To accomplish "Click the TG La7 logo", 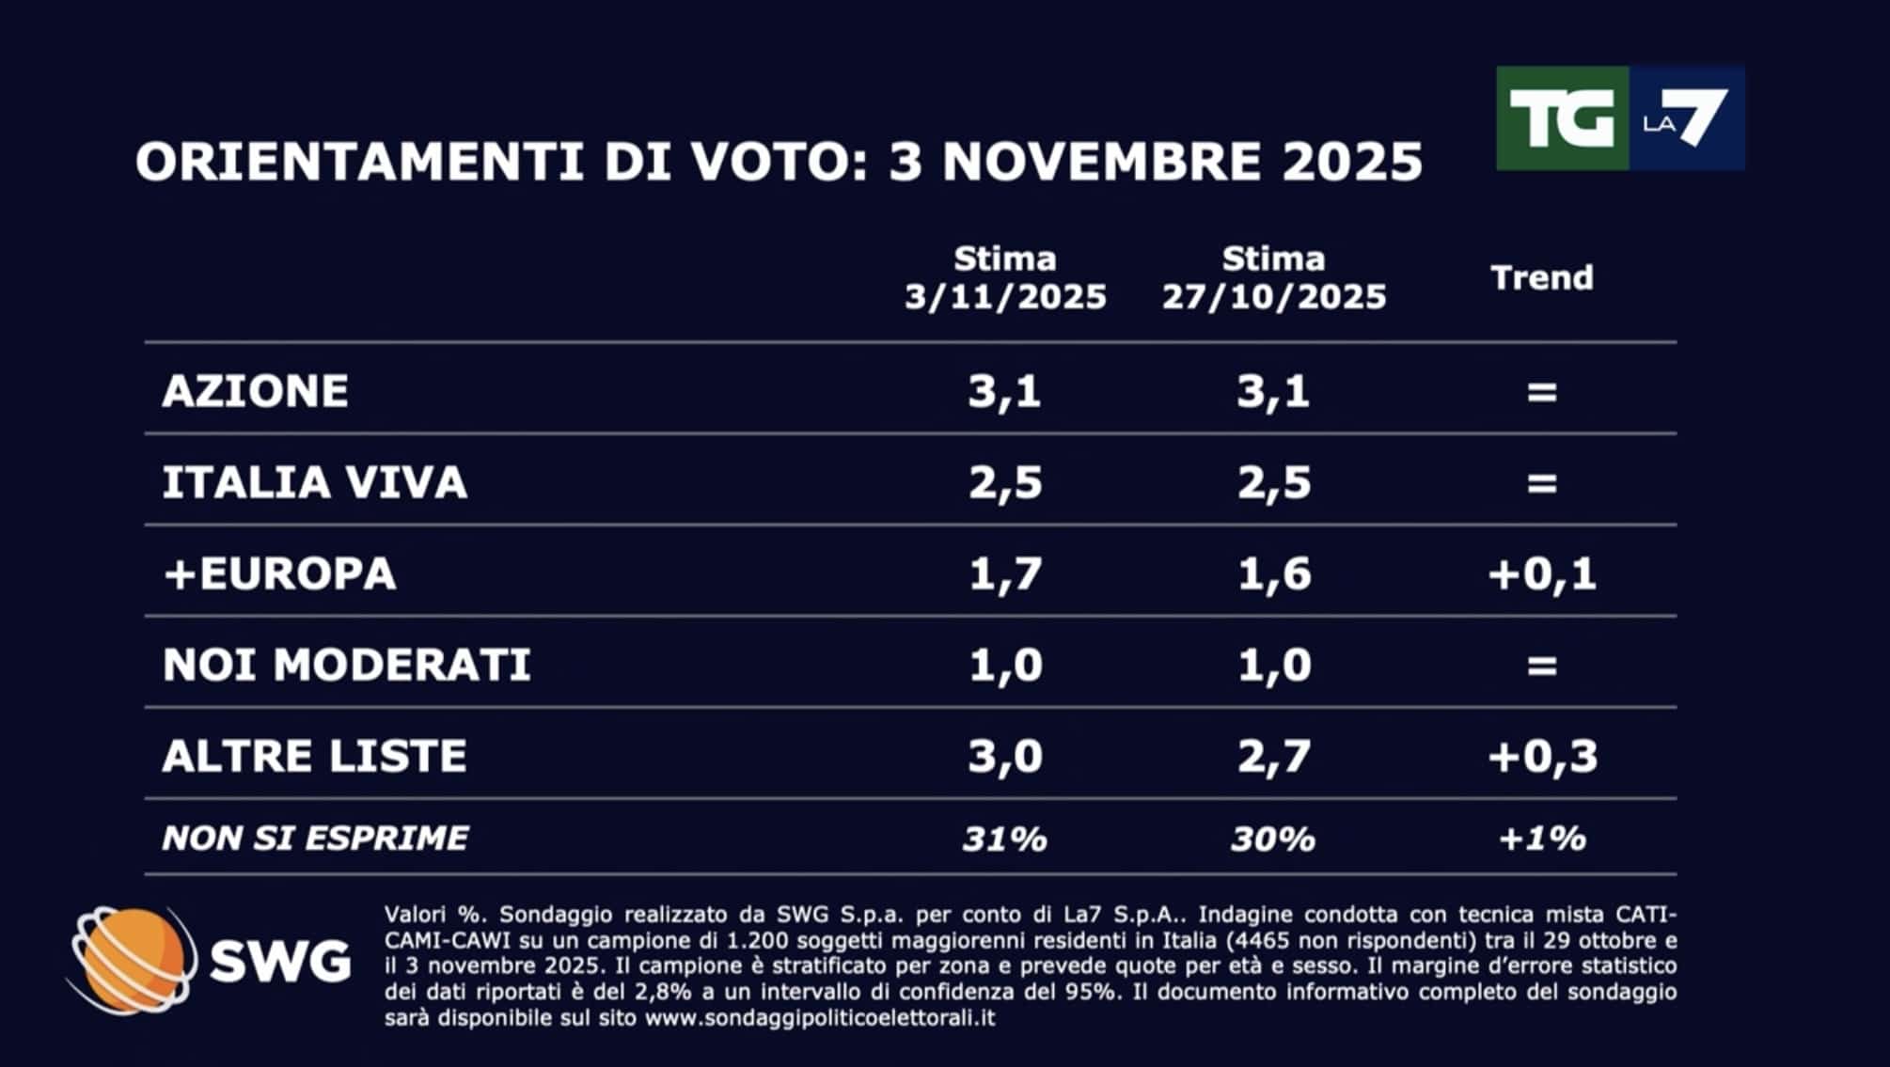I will pos(1619,118).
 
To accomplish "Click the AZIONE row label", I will pos(256,391).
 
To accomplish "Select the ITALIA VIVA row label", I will pos(315,482).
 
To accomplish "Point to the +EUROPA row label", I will pos(280,573).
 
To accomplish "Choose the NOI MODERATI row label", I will pos(347,665).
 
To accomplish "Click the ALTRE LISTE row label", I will pos(315,756).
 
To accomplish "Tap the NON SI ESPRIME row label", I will pos(315,838).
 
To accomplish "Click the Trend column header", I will pos(1542,277).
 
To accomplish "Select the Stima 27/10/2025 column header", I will pos(1274,278).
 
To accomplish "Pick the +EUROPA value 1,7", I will pos(1005,573).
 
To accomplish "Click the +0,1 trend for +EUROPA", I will pos(1542,573).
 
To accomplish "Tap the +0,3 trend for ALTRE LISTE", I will pos(1542,756).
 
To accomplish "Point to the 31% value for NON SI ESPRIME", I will pos(1005,838).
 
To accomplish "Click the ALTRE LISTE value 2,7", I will pos(1274,756).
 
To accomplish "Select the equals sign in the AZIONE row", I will pos(1542,391).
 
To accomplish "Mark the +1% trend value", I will pos(1542,838).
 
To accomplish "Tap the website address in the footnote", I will pos(819,1018).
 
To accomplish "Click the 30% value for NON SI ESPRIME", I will pos(1274,838).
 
